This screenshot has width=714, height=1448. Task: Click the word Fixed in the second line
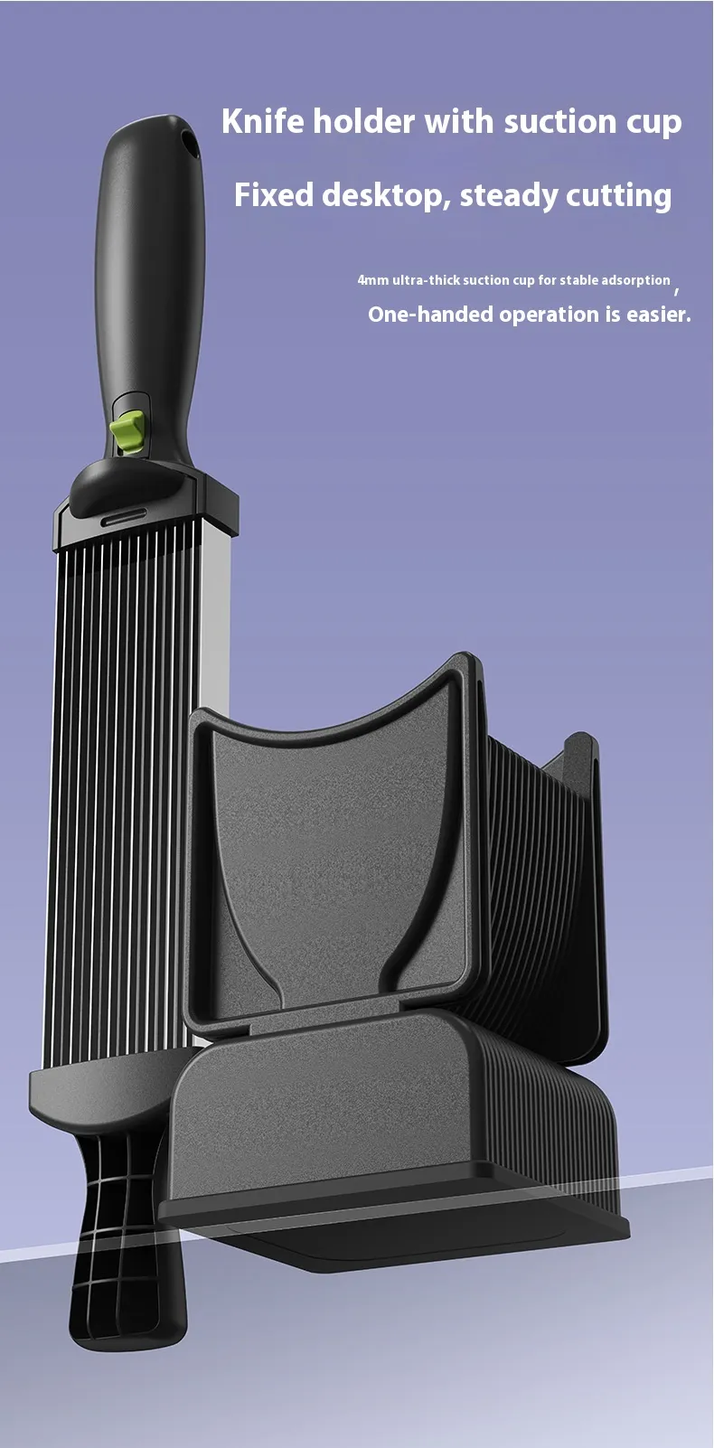(273, 194)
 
